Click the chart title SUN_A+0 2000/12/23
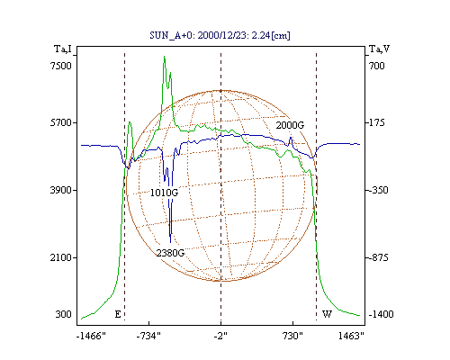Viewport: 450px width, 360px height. [220, 35]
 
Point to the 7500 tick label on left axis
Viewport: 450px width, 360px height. [61, 66]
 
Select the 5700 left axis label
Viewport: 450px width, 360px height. [61, 122]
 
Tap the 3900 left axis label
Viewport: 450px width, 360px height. [61, 190]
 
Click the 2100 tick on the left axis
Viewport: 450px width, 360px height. [61, 257]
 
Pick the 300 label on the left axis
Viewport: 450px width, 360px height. [63, 314]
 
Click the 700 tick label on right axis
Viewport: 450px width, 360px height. [376, 66]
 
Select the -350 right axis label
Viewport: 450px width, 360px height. [378, 190]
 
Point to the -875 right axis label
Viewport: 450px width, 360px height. [378, 257]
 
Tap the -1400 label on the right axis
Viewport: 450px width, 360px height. [381, 314]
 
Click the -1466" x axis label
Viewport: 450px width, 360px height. [91, 336]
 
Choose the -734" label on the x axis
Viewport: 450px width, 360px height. [148, 336]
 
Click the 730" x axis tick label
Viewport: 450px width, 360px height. [292, 336]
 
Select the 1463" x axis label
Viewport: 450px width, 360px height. [351, 336]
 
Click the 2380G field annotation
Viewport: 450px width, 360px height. [170, 253]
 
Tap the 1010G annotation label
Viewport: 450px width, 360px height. [164, 193]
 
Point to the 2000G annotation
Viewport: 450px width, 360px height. [290, 125]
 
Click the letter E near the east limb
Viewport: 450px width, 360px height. [118, 314]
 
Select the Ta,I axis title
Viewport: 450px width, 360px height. [63, 49]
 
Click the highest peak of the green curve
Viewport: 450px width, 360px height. [164, 56]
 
